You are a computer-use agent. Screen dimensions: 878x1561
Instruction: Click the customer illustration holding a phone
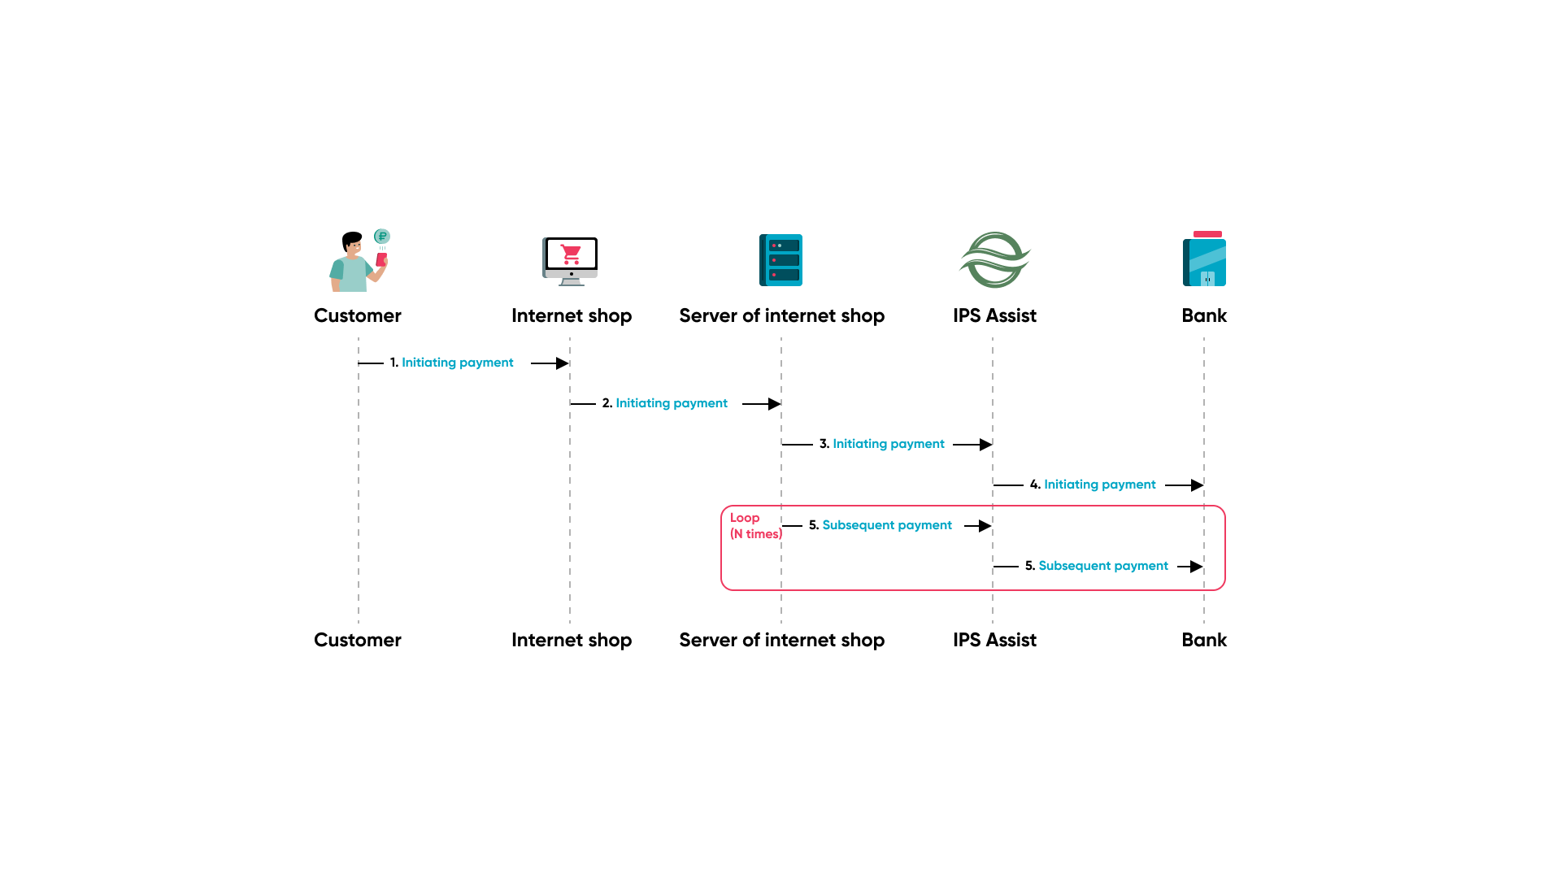[x=356, y=263]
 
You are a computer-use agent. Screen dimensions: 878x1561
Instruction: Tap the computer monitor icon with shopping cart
[x=570, y=260]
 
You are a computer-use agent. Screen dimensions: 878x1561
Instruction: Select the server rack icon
[x=780, y=260]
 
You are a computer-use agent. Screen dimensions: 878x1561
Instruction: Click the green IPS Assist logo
[x=994, y=260]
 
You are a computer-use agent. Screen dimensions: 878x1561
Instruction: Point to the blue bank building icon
[x=1204, y=260]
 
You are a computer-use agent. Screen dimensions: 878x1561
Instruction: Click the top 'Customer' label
[x=358, y=315]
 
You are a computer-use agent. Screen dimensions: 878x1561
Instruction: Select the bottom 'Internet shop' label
[x=572, y=640]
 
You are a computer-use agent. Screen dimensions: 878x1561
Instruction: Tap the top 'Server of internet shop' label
[x=781, y=315]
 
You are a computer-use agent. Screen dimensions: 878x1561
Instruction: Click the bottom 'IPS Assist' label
[x=994, y=640]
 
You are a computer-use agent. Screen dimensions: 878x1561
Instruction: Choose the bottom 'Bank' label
[x=1204, y=640]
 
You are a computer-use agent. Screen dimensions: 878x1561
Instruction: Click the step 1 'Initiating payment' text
[x=457, y=363]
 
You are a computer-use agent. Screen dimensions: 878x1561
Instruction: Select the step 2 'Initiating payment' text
[x=671, y=403]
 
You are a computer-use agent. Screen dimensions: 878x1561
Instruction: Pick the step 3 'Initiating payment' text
[x=888, y=444]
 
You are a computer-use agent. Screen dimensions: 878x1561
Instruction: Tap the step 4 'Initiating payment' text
[x=1099, y=485]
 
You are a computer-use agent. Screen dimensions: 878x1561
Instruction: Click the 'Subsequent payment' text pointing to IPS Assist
[x=886, y=525]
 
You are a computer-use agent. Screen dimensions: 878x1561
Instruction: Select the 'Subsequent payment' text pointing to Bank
[x=1102, y=566]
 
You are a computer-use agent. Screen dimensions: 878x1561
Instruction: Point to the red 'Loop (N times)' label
[x=754, y=526]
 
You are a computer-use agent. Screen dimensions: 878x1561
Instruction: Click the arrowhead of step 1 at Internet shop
[x=562, y=363]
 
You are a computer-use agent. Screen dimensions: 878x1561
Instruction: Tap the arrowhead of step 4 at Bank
[x=1197, y=485]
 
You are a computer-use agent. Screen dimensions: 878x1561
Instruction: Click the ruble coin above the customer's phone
[x=382, y=237]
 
